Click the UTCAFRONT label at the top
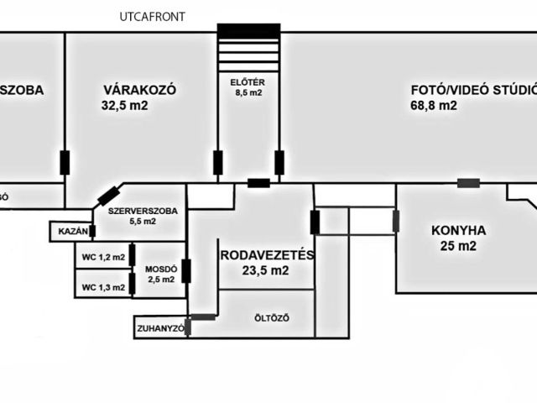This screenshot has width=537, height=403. [152, 16]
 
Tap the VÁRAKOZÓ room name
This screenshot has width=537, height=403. [138, 90]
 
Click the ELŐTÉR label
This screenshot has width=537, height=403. [248, 81]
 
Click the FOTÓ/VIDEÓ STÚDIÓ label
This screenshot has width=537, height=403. [474, 90]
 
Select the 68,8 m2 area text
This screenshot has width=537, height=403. [434, 106]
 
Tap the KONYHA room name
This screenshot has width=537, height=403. [458, 230]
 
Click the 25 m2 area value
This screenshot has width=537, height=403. [458, 246]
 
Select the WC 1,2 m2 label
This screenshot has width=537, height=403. [102, 257]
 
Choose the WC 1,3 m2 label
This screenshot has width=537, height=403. [102, 287]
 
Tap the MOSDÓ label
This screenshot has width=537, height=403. [161, 269]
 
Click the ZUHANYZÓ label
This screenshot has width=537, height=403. [159, 329]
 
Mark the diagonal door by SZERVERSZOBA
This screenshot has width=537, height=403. [108, 196]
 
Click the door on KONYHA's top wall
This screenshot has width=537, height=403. [468, 183]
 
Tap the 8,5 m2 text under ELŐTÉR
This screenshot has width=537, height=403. [248, 93]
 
